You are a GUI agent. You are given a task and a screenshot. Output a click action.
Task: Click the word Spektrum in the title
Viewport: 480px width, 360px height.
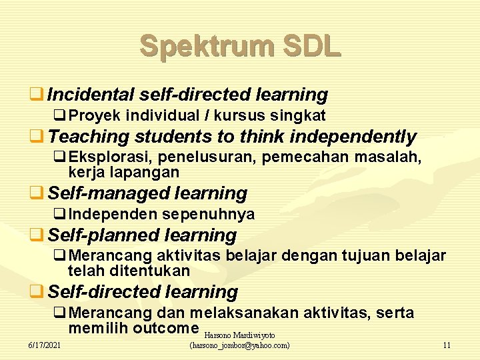(206, 46)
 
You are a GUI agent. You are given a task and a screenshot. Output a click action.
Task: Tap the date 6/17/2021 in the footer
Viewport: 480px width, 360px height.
(44, 345)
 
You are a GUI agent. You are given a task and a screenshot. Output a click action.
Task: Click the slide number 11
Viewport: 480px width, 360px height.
(446, 345)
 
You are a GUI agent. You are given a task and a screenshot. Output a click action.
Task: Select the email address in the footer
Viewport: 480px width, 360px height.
(239, 345)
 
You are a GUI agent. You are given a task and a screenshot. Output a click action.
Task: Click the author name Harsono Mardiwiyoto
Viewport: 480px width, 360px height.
(239, 335)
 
